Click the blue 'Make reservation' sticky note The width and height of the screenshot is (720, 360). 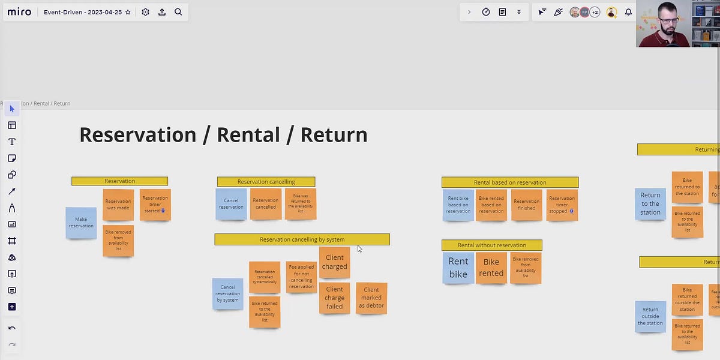pyautogui.click(x=81, y=223)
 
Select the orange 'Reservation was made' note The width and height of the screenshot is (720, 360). pyautogui.click(x=118, y=205)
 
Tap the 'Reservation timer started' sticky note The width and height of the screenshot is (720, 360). pyautogui.click(x=155, y=205)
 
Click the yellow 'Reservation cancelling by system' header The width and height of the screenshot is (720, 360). pyautogui.click(x=302, y=239)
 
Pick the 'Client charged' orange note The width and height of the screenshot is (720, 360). pyautogui.click(x=334, y=262)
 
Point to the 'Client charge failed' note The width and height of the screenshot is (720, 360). pyautogui.click(x=334, y=298)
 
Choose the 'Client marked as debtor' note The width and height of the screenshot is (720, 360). pyautogui.click(x=371, y=298)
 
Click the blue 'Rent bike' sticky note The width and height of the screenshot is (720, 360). pyautogui.click(x=458, y=268)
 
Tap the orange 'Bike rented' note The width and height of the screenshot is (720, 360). pyautogui.click(x=491, y=268)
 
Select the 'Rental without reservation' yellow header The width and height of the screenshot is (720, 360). pyautogui.click(x=491, y=245)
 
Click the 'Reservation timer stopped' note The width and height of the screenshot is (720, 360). pyautogui.click(x=562, y=205)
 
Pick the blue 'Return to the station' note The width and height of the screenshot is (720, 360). pyautogui.click(x=650, y=204)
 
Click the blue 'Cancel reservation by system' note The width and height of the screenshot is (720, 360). pyautogui.click(x=227, y=293)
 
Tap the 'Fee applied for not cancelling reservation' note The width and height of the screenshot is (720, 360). pyautogui.click(x=301, y=277)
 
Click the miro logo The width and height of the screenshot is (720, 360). pyautogui.click(x=19, y=12)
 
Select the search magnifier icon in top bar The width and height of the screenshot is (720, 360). pyautogui.click(x=178, y=12)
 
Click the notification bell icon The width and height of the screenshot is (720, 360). pyautogui.click(x=628, y=12)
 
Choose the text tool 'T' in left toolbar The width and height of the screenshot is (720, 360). pyautogui.click(x=11, y=142)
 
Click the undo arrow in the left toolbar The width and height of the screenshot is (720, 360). pyautogui.click(x=11, y=329)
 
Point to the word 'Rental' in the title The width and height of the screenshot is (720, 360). pyautogui.click(x=247, y=134)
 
